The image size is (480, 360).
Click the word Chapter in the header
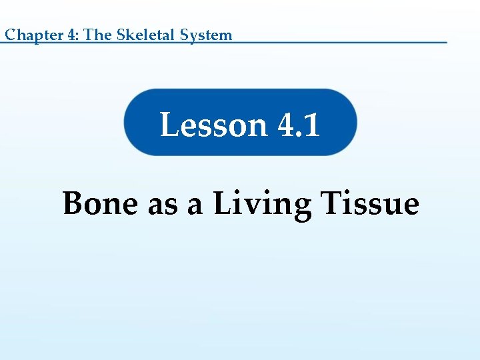tap(33, 35)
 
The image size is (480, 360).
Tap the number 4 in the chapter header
tap(71, 35)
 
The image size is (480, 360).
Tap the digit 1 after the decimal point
tap(312, 125)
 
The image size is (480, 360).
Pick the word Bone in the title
tap(101, 203)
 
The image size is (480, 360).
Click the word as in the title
tap(163, 205)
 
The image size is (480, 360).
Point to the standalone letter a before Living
tap(195, 205)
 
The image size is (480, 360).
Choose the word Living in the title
tap(262, 204)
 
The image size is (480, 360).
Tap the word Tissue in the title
tap(370, 203)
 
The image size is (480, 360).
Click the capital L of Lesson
tap(169, 125)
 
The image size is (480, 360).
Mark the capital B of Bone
tap(73, 203)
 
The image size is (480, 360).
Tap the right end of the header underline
tap(445, 43)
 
